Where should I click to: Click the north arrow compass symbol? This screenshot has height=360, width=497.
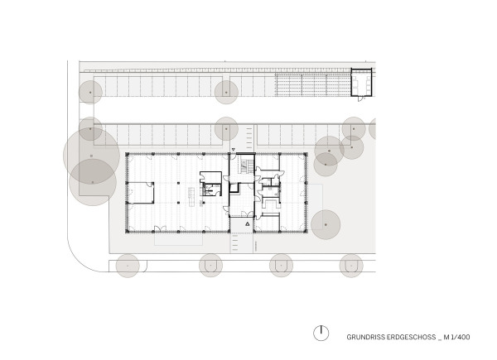coord(321,333)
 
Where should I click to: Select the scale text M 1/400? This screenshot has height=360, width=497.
coord(456,337)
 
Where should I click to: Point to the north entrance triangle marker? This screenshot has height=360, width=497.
coord(234,149)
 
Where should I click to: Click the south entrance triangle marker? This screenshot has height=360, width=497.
coord(248,223)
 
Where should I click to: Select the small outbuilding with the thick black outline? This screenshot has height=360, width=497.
coord(361,82)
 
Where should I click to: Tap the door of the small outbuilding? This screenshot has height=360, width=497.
coord(361,98)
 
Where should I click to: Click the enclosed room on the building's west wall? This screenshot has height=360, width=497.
coord(141,193)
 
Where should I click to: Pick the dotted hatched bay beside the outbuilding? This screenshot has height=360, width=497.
coord(313,85)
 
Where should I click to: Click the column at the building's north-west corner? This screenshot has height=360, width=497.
coord(127,154)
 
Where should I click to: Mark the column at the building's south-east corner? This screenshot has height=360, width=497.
coord(306,232)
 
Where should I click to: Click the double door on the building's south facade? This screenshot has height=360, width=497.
coord(159,228)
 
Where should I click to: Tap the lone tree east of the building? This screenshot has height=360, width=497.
coord(326,224)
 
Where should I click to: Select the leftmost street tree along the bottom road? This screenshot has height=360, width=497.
coord(128,266)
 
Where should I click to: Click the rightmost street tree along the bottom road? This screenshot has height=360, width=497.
coord(351,266)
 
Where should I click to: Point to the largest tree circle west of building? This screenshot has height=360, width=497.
coord(92,156)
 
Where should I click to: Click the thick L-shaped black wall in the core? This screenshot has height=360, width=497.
coord(234,188)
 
